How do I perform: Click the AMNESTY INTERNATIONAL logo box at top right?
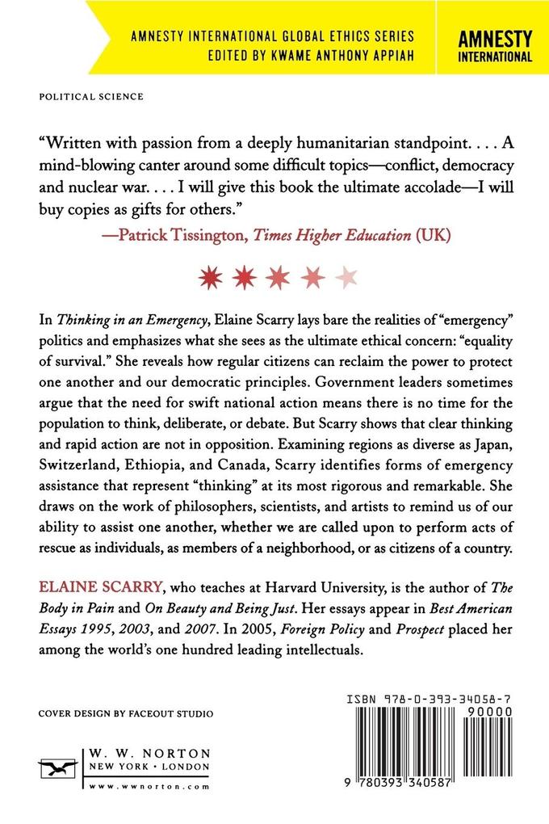pos(495,47)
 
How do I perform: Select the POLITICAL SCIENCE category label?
pos(91,95)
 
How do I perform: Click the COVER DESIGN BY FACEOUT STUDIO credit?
pos(126,715)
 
